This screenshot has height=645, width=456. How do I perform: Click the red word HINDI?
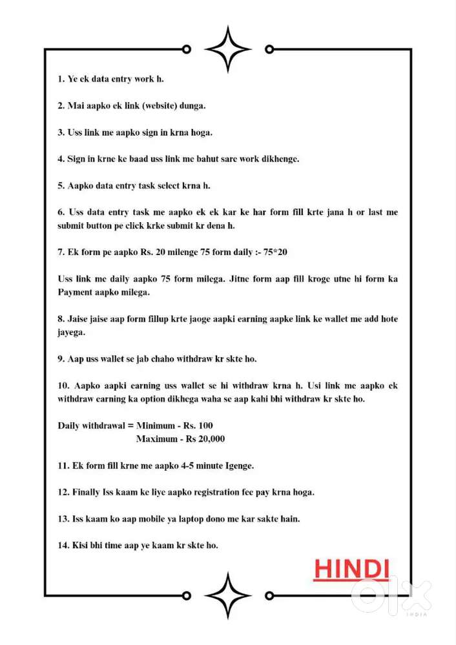[x=351, y=569]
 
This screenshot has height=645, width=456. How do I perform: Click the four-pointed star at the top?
[x=227, y=49]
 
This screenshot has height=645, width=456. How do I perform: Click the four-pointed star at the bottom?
[x=227, y=595]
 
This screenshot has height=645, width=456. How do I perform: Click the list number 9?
[x=61, y=359]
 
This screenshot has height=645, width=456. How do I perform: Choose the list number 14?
[x=63, y=546]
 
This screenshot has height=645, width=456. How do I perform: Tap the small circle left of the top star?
[x=186, y=49]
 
